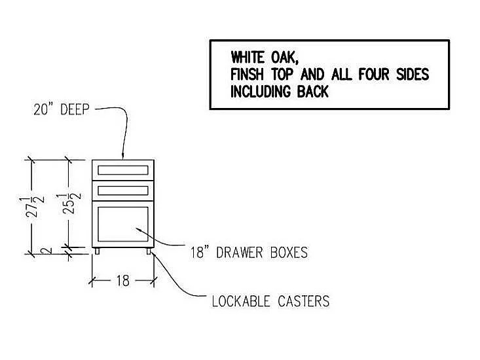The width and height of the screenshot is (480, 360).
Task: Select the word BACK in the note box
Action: [x=312, y=91]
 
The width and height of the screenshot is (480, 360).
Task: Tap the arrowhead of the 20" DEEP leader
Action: [x=123, y=155]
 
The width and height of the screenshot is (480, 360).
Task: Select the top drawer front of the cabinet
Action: [x=123, y=170]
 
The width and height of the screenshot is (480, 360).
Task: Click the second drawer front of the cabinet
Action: [x=123, y=190]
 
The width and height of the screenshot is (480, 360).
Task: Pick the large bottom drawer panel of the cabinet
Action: [x=123, y=225]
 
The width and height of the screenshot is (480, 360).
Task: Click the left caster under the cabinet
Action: [x=98, y=251]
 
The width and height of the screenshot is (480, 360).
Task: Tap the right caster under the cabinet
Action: [x=149, y=251]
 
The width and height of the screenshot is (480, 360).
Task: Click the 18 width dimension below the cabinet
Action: [x=122, y=281]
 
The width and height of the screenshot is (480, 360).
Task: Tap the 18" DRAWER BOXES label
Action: [x=249, y=252]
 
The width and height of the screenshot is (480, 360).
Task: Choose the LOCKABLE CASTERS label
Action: [x=270, y=302]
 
